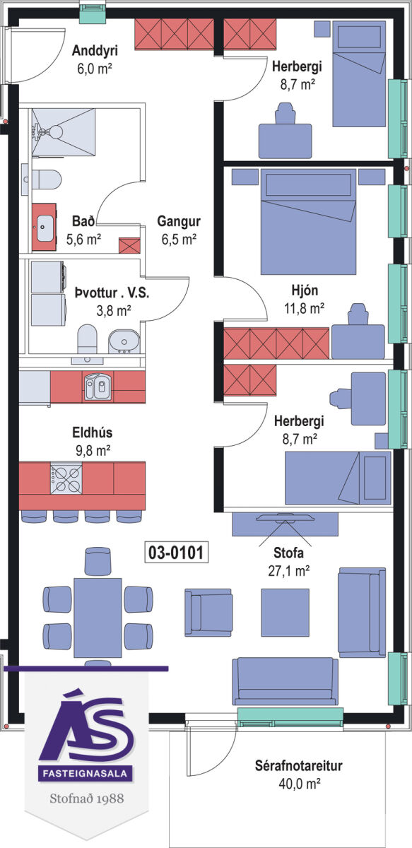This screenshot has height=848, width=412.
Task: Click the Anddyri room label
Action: (95, 50)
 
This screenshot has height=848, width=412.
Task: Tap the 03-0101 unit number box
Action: (177, 553)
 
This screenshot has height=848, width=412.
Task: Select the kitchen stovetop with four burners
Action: (66, 479)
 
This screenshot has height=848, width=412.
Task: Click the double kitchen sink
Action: (98, 387)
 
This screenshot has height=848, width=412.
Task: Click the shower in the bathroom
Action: (63, 132)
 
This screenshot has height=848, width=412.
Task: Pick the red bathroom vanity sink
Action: (44, 227)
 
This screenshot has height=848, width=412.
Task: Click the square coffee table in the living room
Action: (285, 612)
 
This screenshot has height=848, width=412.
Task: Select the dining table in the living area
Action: (98, 618)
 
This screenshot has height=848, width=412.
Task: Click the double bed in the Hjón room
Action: (308, 221)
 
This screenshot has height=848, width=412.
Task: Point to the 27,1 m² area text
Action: (288, 571)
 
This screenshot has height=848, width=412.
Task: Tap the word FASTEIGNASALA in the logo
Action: (86, 773)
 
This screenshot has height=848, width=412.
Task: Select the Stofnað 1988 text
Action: (87, 799)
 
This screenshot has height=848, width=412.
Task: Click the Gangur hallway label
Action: (179, 221)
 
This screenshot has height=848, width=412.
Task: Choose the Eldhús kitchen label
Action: (93, 432)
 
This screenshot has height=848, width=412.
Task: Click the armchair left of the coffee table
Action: (208, 612)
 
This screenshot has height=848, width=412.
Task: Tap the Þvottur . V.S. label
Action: (112, 293)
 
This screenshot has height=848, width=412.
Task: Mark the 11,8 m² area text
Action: (304, 309)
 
